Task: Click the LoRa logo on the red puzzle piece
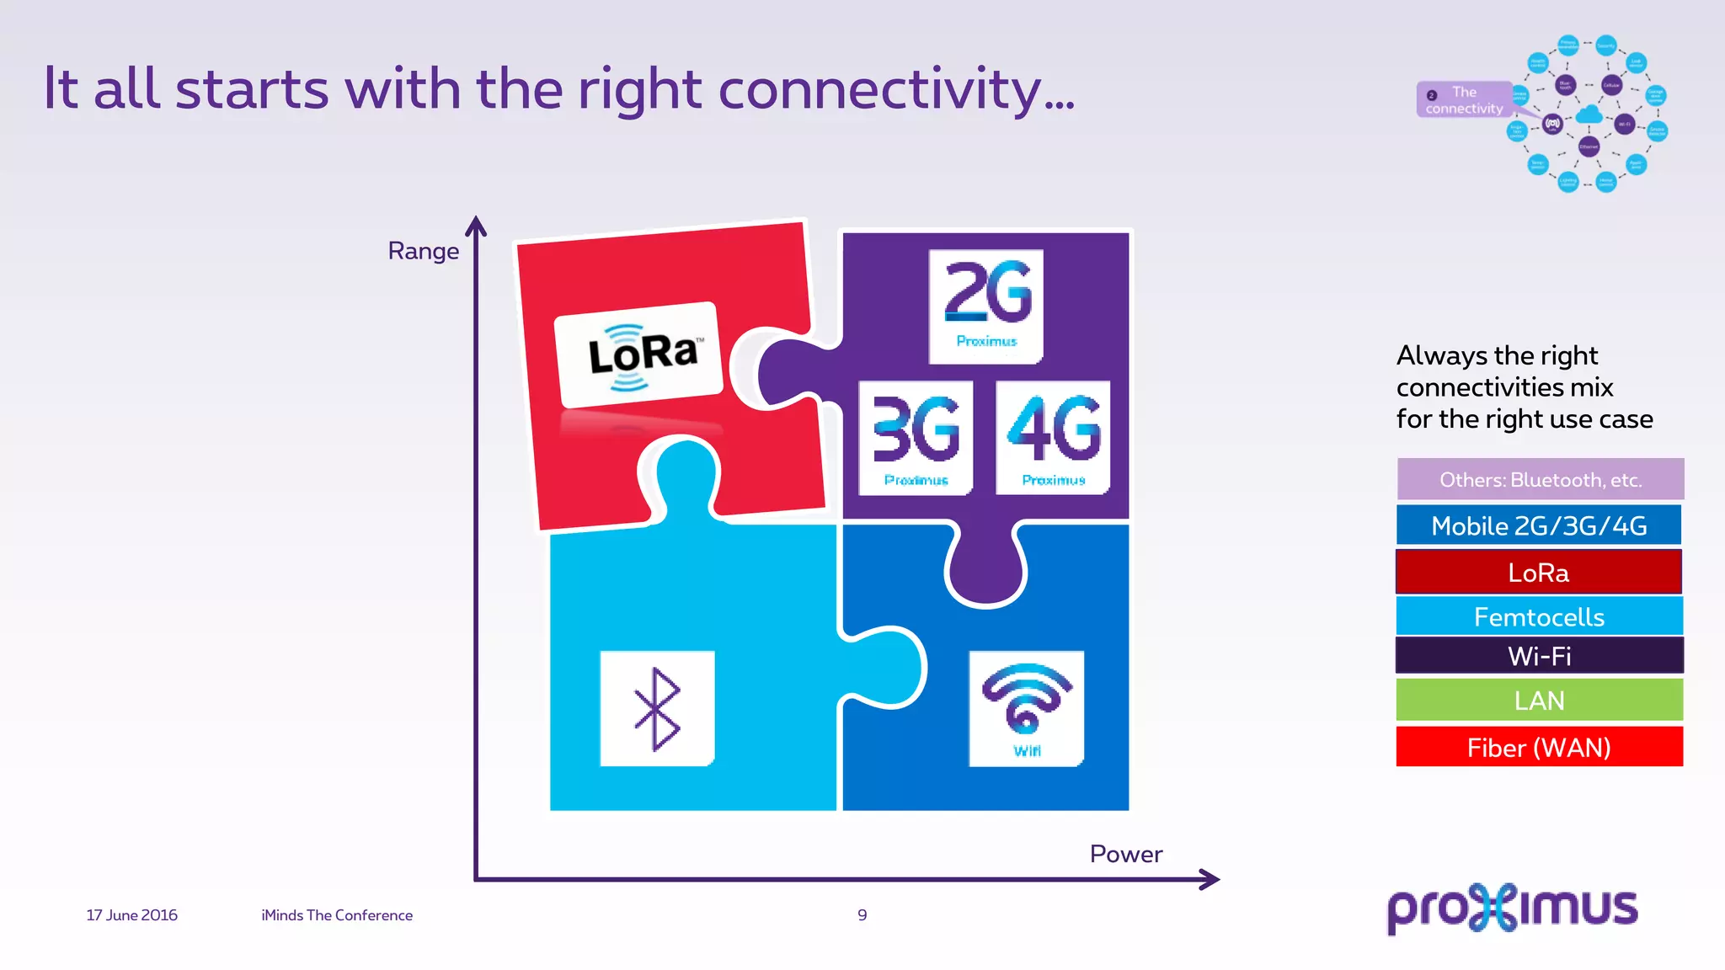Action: (x=638, y=355)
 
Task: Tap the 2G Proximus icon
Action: (x=985, y=306)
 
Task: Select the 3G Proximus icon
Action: (x=916, y=438)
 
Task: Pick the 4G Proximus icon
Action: (x=1053, y=438)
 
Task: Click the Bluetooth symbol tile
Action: (x=657, y=708)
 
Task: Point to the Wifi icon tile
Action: (x=1026, y=708)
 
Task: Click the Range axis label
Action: (x=423, y=251)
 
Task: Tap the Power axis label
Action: (x=1125, y=854)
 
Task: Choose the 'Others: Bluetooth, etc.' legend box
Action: (x=1540, y=479)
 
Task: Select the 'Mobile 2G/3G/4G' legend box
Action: (x=1539, y=525)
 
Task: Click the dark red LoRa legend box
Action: (x=1539, y=573)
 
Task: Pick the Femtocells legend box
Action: (x=1539, y=616)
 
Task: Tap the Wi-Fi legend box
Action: (x=1539, y=655)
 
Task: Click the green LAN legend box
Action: (x=1539, y=700)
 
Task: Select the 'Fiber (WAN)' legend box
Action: (x=1539, y=747)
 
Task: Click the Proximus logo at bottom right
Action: (x=1512, y=908)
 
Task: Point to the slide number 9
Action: (x=862, y=915)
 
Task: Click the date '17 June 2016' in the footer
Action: (x=132, y=915)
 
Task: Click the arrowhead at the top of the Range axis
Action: (x=476, y=226)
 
